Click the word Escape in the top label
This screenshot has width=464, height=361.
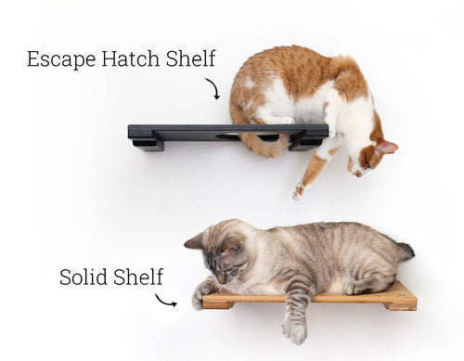61,59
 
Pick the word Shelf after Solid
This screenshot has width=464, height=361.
137,277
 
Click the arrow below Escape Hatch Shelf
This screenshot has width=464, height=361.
214,88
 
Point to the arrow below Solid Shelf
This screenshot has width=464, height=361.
165,301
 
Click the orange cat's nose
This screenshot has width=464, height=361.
358,174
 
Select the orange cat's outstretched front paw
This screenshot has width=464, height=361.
299,191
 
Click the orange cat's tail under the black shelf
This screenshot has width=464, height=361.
263,148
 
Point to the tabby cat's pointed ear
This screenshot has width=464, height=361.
192,241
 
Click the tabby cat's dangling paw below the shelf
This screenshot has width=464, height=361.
295,332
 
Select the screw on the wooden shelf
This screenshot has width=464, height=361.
402,295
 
